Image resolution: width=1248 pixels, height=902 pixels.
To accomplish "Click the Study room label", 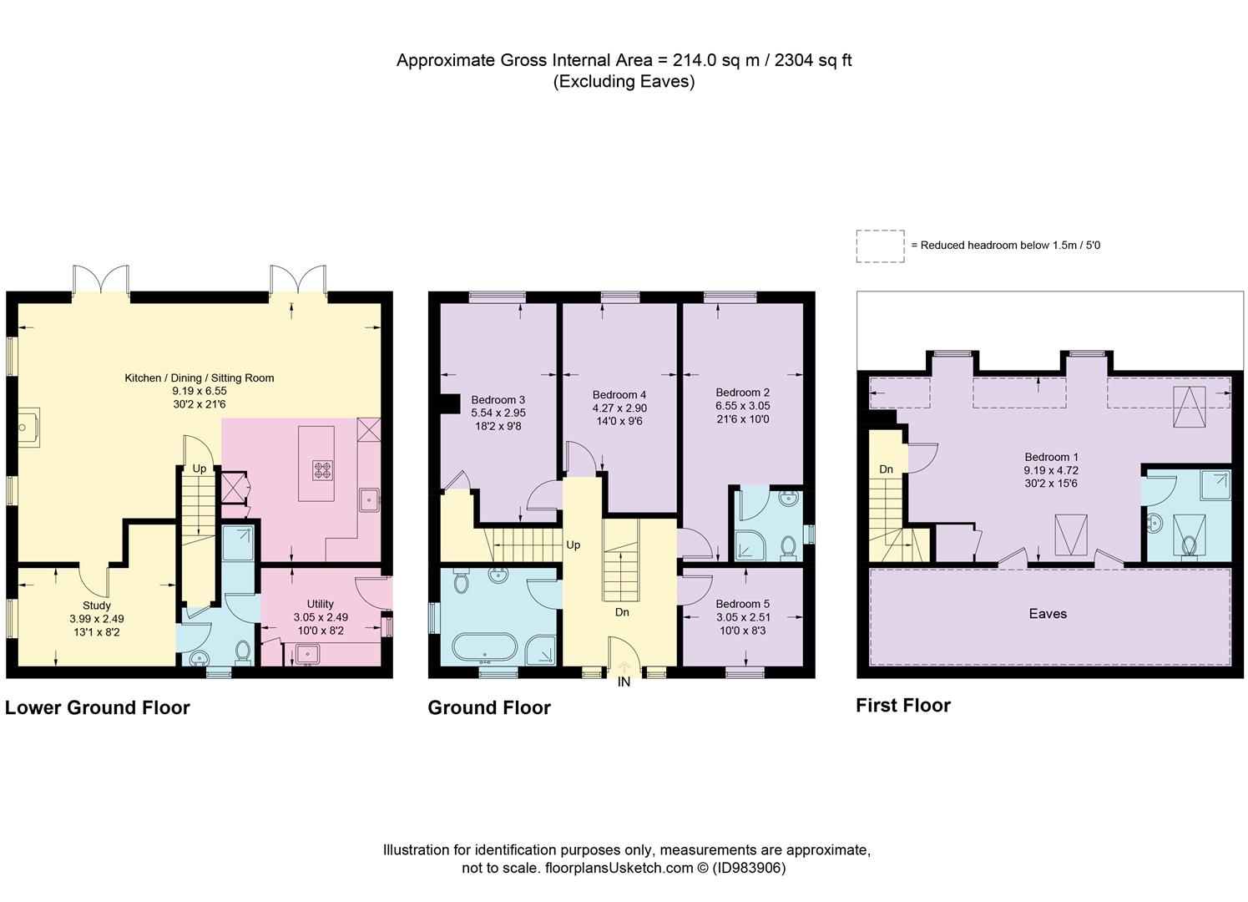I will coord(97,606).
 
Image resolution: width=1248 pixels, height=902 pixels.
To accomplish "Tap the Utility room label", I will coord(320,604).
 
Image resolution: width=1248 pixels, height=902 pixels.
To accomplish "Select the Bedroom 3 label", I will coord(498,399).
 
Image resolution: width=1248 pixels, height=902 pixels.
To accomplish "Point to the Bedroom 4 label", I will coord(619,394).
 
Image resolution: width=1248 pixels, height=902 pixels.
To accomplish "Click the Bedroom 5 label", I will coord(742,604).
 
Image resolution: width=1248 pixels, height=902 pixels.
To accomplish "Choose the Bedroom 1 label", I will coord(1051,457).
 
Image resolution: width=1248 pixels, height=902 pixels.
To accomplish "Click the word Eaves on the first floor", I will coord(1048,614).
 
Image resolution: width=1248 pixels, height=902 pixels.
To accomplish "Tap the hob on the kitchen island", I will coord(321,470).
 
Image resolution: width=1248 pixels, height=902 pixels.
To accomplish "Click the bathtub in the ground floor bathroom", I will coord(486,648).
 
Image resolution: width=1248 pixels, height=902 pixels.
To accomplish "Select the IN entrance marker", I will coord(624,682).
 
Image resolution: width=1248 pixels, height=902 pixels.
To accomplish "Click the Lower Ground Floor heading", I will coord(98,708).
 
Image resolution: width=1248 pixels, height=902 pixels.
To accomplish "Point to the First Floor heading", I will coord(903,706).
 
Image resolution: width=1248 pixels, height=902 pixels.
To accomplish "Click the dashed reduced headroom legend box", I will coord(880,246).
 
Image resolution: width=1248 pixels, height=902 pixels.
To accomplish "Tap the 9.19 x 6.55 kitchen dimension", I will coord(200,391).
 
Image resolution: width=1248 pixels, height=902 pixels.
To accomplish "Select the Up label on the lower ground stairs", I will coord(200,469).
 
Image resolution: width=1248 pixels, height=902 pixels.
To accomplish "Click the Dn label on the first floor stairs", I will coord(886,469).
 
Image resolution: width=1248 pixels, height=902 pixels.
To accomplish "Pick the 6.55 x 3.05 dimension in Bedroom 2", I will coord(742,406).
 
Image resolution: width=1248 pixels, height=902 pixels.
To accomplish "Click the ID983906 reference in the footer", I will coord(749,868).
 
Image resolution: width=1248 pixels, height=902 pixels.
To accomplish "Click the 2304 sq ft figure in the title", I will coord(813,60).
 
